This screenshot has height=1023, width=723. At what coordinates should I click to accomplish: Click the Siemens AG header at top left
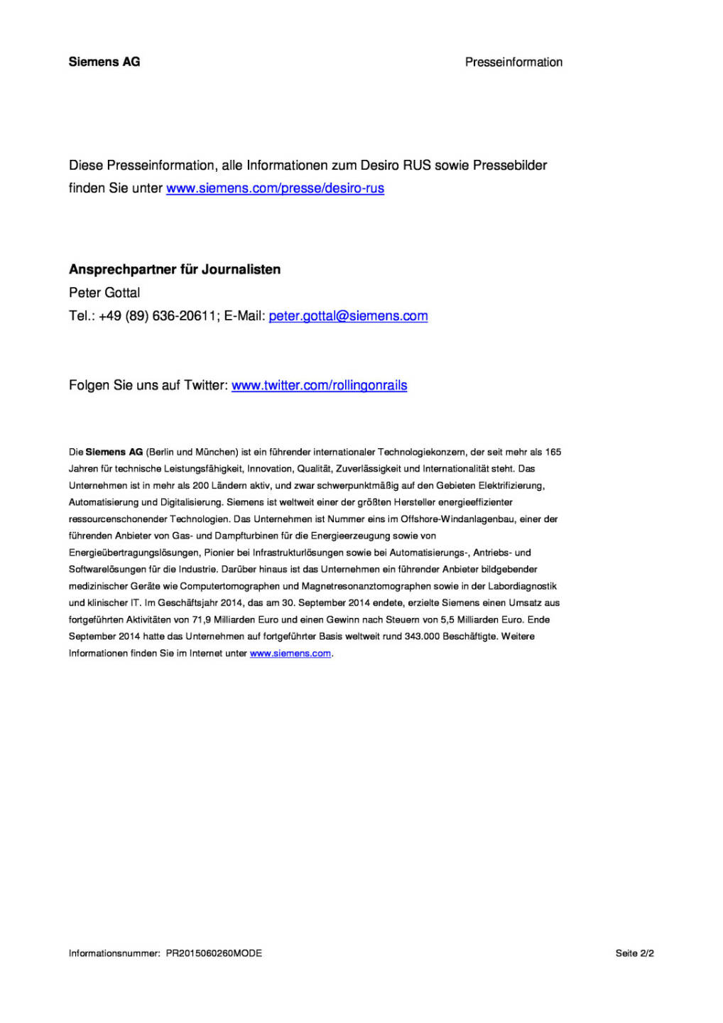[x=104, y=62]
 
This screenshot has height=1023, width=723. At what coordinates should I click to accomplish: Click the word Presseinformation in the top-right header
[x=513, y=63]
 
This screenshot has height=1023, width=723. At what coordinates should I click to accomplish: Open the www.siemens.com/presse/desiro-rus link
[x=275, y=188]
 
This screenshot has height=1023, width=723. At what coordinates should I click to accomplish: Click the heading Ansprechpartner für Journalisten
[x=175, y=269]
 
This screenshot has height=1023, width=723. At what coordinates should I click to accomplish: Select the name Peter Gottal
[x=104, y=293]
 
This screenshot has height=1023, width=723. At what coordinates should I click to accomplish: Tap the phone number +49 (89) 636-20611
[x=158, y=316]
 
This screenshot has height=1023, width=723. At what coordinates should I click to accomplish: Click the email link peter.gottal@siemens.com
[x=348, y=316]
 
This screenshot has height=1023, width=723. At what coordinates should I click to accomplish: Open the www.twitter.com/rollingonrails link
[x=319, y=386]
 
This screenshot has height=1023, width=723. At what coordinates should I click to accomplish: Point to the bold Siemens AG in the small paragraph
[x=114, y=453]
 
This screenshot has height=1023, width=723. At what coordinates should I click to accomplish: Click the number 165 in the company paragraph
[x=553, y=453]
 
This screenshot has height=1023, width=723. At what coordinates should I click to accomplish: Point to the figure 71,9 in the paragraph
[x=201, y=620]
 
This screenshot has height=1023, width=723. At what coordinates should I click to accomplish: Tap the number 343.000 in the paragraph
[x=422, y=637]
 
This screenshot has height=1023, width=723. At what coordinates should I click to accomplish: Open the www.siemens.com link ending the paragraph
[x=290, y=654]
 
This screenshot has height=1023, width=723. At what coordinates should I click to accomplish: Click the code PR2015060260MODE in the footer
[x=214, y=953]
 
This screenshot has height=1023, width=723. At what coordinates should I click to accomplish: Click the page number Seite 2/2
[x=634, y=953]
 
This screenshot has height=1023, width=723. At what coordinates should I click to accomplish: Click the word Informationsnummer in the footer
[x=114, y=953]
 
